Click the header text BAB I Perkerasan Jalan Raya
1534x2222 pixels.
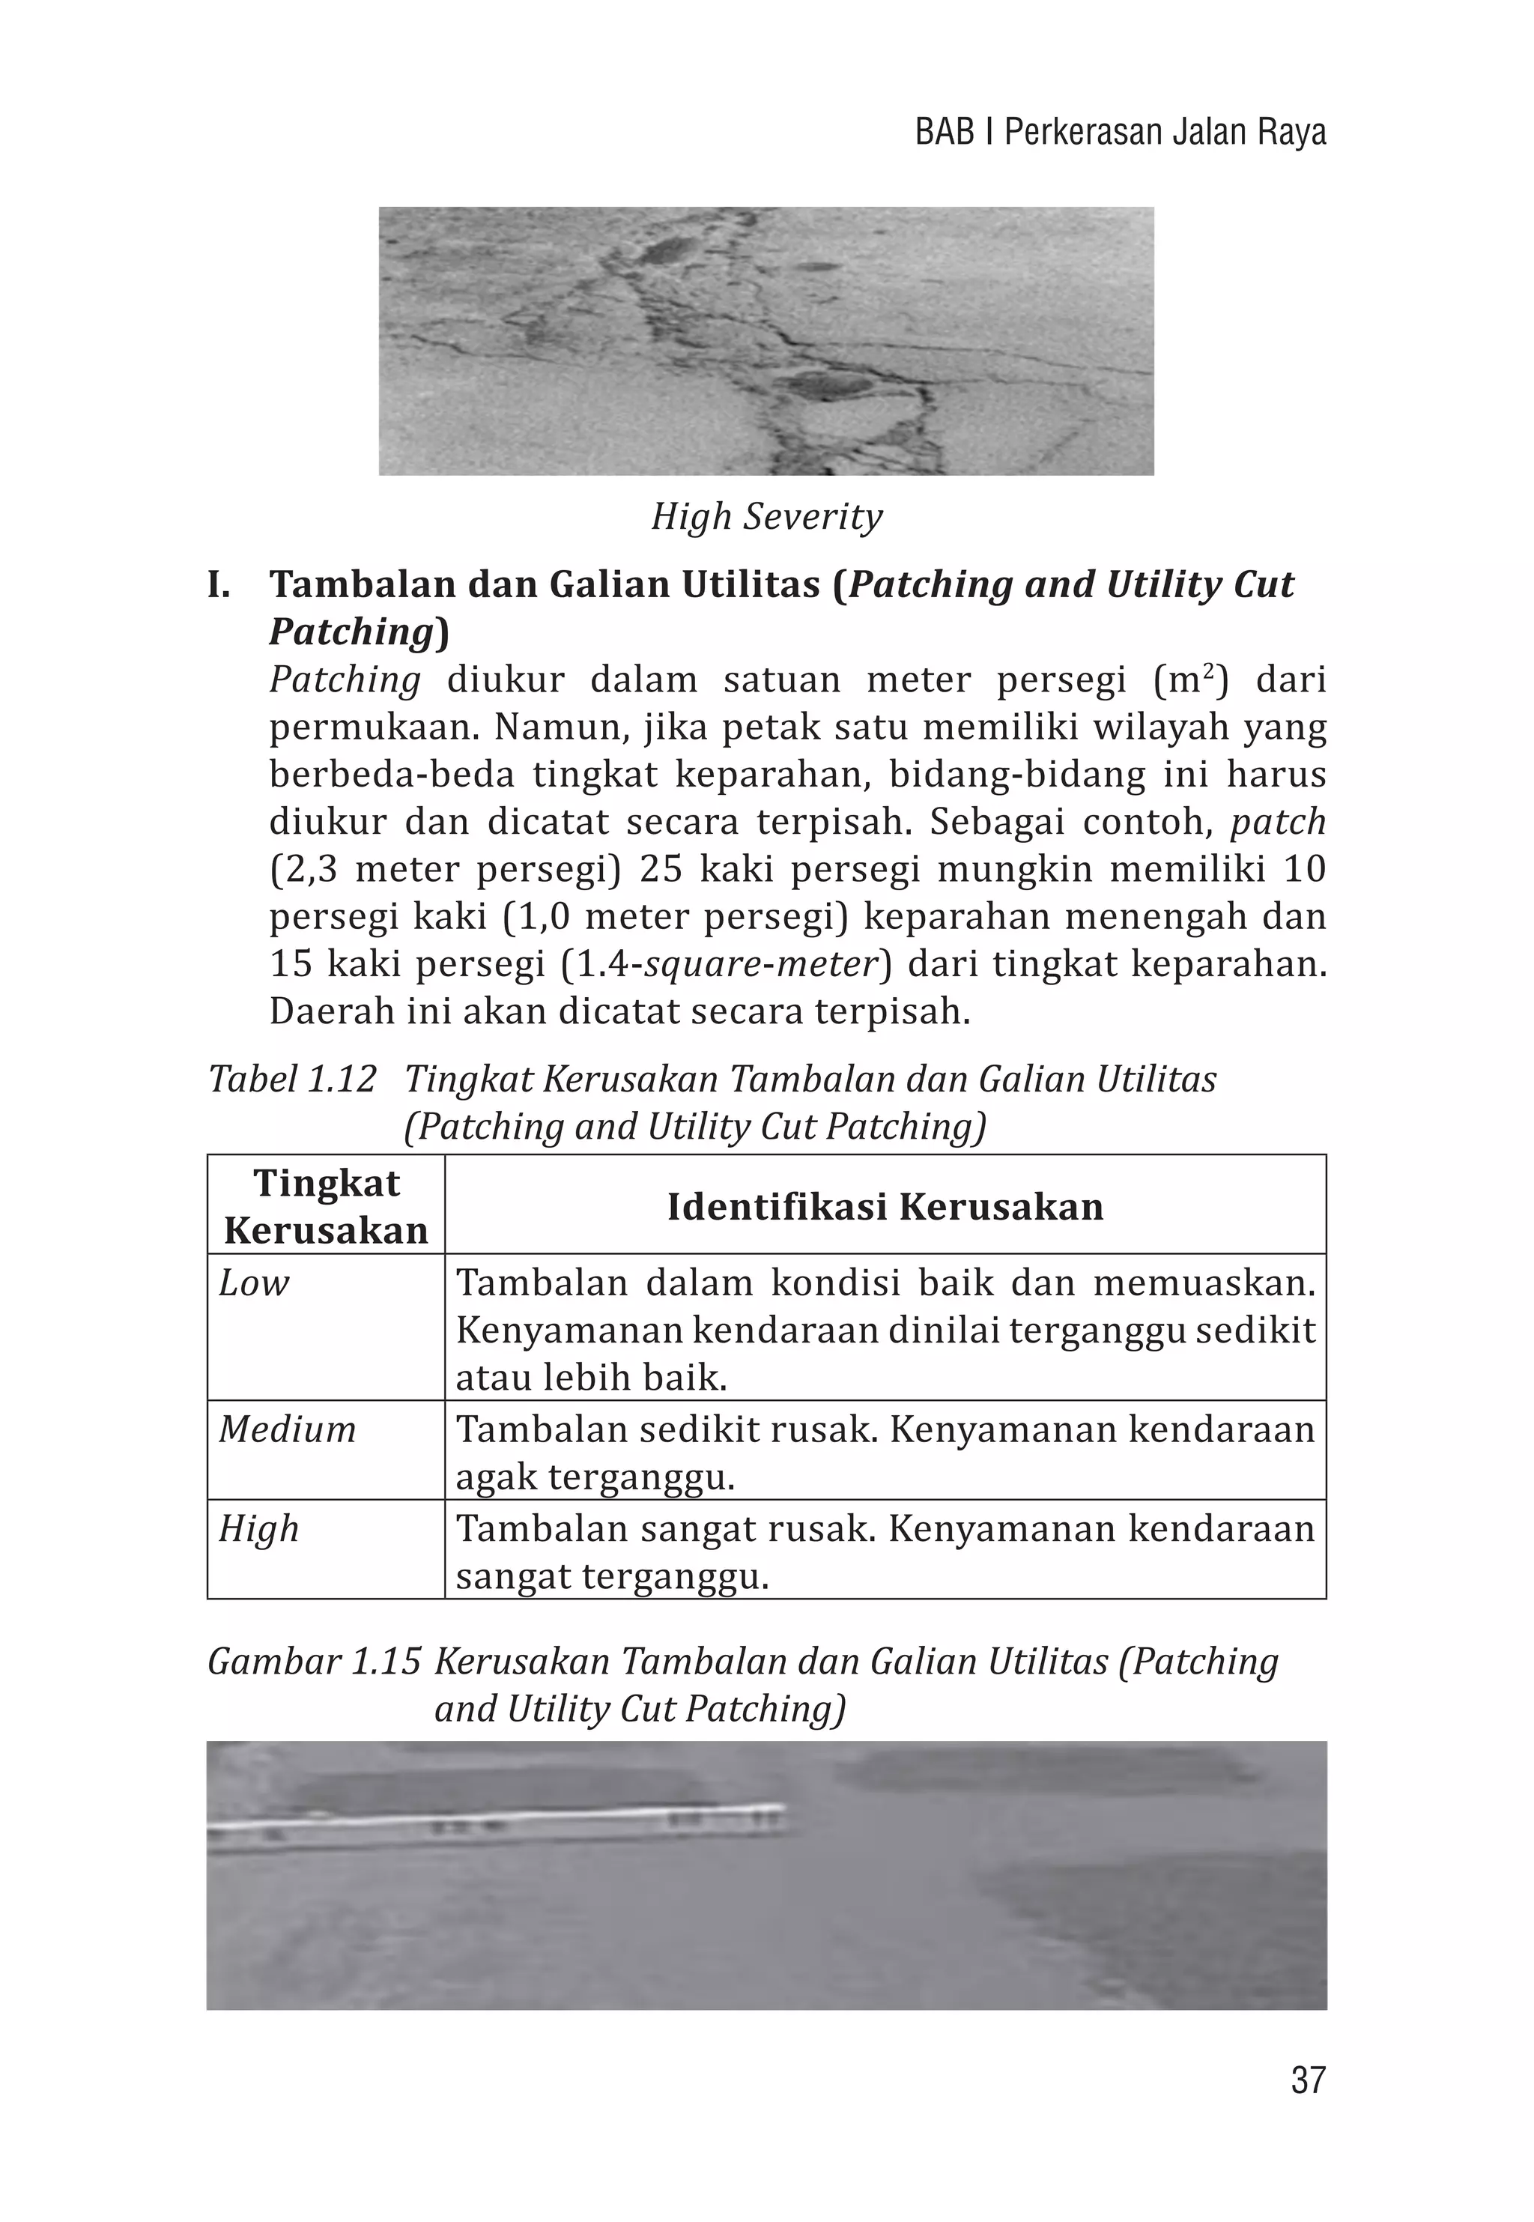(1120, 133)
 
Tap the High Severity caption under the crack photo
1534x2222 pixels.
(766, 517)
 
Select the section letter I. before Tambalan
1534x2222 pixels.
(219, 584)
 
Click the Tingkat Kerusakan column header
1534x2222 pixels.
(326, 1206)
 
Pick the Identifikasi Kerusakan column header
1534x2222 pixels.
(885, 1206)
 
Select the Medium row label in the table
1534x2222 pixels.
(286, 1429)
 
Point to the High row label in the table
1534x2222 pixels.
(258, 1528)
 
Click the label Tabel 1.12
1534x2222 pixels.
(291, 1080)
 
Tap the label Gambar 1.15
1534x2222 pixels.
(313, 1661)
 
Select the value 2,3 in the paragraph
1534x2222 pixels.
(308, 870)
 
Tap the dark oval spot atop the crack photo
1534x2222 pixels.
(662, 252)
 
